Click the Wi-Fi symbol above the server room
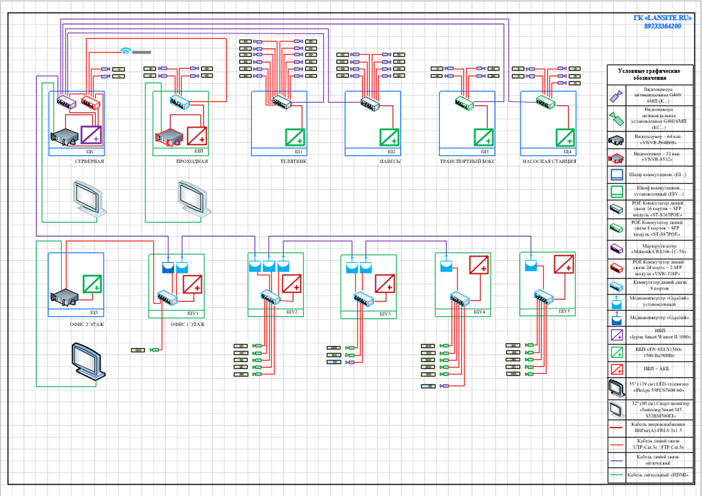(x=125, y=51)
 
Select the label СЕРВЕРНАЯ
(x=89, y=161)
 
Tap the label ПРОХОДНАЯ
(x=192, y=161)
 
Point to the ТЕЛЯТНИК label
(x=293, y=161)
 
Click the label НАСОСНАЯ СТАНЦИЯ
(x=549, y=161)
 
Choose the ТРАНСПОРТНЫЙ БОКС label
(x=467, y=161)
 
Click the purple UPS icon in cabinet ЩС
(x=91, y=135)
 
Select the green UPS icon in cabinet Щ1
(x=295, y=137)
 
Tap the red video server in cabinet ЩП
(x=169, y=137)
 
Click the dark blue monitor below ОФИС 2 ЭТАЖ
(x=88, y=361)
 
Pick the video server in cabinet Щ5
(x=64, y=297)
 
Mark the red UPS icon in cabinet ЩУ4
(x=479, y=265)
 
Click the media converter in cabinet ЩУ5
(x=531, y=265)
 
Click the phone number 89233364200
(x=662, y=26)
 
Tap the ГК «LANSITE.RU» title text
(x=662, y=18)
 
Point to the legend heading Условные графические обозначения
(x=649, y=74)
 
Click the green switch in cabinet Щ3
(x=464, y=103)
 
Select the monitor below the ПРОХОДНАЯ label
(x=194, y=198)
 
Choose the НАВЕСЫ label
(x=390, y=161)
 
